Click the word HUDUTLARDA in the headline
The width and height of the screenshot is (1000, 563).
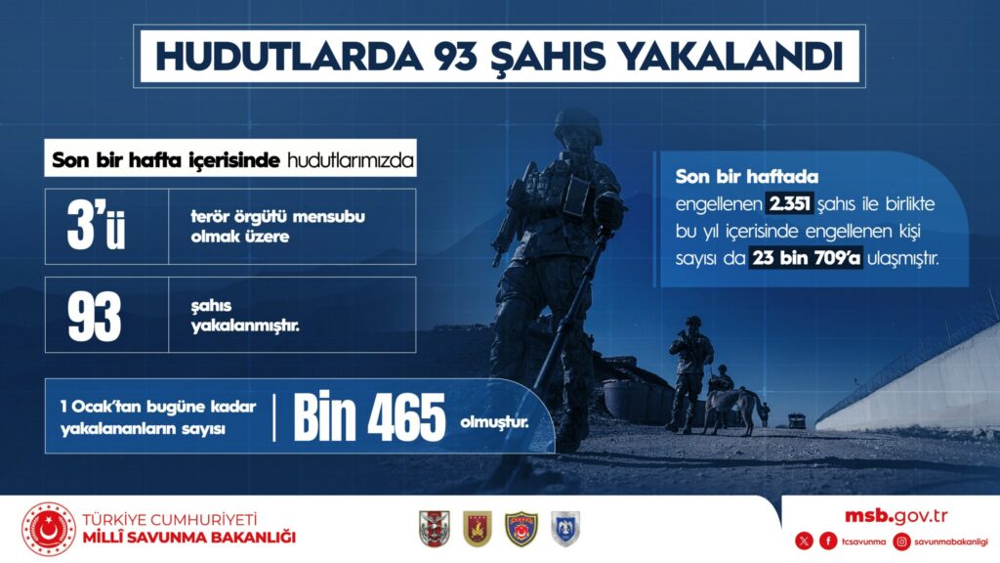[x=289, y=56]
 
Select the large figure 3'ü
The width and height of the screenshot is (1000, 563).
[x=96, y=226]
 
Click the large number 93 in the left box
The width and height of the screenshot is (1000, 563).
[x=95, y=316]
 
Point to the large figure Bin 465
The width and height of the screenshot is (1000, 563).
[x=369, y=416]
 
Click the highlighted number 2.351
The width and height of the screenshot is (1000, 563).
[x=789, y=203]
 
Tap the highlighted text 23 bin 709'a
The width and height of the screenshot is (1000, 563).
[x=806, y=258]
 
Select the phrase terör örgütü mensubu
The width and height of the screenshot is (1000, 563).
[x=278, y=216]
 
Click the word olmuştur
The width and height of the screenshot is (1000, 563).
[x=494, y=422]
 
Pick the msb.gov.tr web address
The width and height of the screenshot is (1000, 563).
[x=896, y=516]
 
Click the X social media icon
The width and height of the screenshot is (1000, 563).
[x=805, y=541]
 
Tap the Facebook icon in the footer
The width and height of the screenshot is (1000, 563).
[x=828, y=541]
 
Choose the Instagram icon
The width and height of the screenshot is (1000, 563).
[x=901, y=541]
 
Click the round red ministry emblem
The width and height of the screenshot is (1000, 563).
[x=49, y=529]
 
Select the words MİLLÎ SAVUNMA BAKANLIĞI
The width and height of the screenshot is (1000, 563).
[x=189, y=538]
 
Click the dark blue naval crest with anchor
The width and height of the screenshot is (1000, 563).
[x=521, y=529]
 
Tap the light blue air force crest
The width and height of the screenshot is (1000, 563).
[x=565, y=529]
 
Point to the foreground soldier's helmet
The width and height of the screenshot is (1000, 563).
[x=577, y=125]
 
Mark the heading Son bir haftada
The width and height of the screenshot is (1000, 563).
[x=747, y=176]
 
